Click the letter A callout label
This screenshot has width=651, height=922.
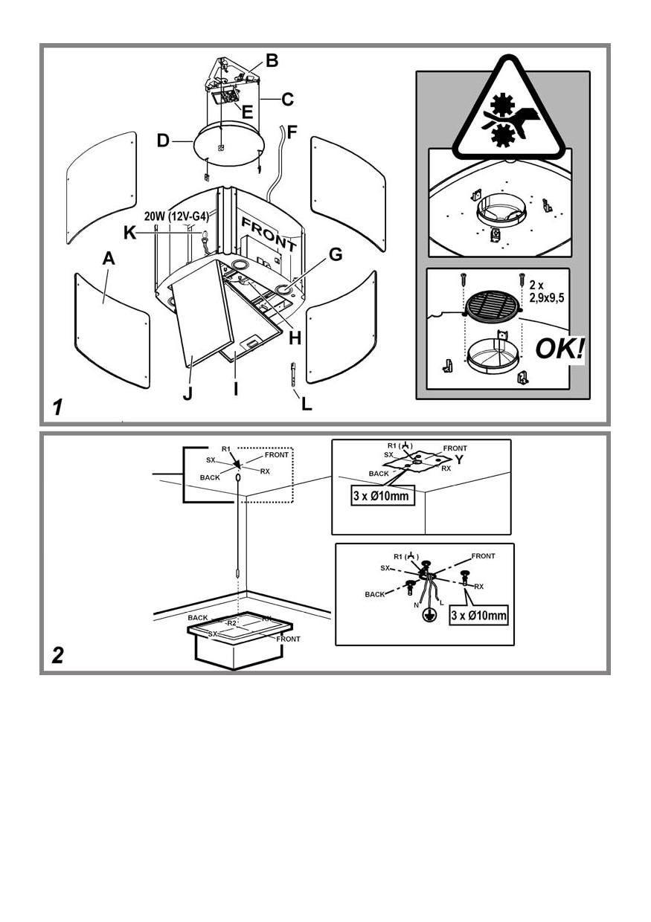109,259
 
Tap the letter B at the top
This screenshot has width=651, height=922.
272,61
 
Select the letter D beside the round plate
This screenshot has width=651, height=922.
164,140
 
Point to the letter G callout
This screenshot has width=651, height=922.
335,254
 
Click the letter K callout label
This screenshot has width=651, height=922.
130,233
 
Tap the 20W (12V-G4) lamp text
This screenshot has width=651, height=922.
176,216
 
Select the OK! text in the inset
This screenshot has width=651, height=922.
559,349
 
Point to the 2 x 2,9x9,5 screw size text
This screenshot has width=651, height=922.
548,290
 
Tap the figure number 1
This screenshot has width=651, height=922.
57,407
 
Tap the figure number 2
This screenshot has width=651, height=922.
58,655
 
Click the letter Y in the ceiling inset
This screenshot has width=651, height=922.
459,460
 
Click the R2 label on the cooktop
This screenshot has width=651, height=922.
231,622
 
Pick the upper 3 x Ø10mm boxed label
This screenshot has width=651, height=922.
382,496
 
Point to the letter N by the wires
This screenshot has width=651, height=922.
415,604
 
